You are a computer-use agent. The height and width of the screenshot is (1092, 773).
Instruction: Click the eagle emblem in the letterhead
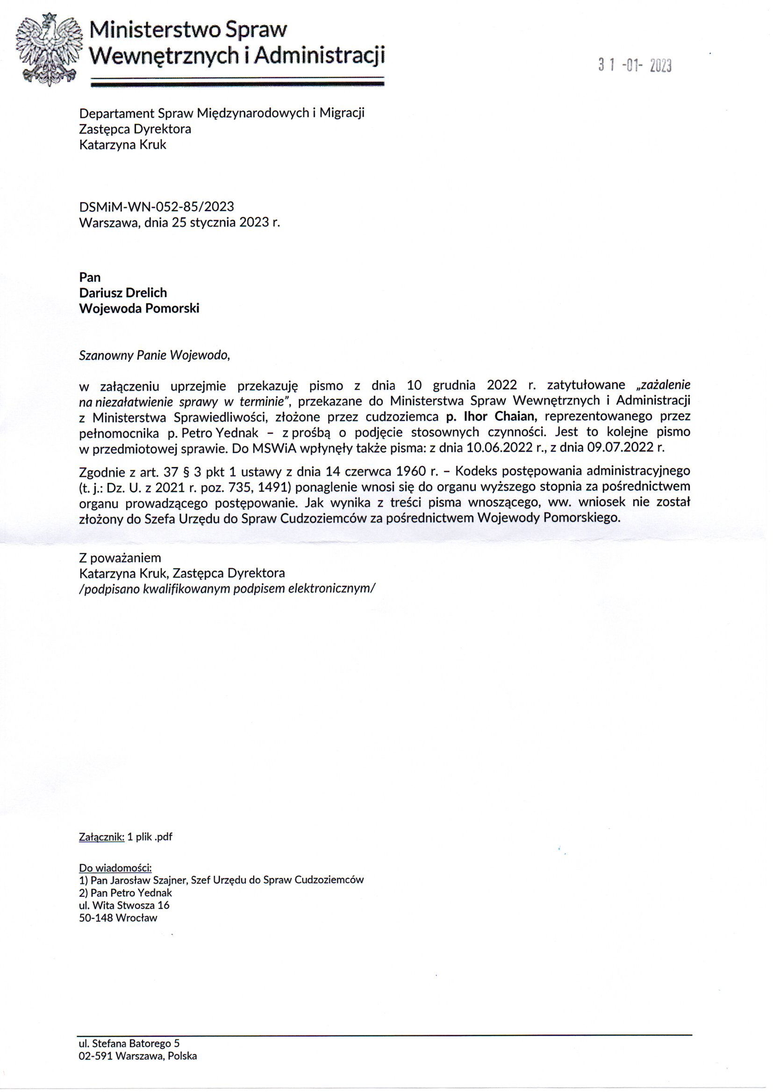click(46, 50)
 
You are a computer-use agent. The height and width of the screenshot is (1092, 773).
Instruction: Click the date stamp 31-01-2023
click(635, 66)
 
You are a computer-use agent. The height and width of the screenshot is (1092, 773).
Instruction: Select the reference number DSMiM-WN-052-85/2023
click(156, 206)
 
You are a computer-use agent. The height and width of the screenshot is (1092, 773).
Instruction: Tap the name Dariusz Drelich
click(123, 292)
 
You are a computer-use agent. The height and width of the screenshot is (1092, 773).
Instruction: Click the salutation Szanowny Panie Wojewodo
click(154, 355)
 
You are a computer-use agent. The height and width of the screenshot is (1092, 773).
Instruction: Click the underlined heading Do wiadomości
click(115, 868)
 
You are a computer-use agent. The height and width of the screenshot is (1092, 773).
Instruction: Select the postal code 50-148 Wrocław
click(118, 918)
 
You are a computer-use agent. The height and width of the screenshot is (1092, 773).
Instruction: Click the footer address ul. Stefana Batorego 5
click(129, 1057)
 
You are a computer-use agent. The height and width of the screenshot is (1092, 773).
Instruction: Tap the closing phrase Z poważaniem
click(120, 557)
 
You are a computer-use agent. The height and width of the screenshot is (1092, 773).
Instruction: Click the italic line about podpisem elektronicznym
click(227, 589)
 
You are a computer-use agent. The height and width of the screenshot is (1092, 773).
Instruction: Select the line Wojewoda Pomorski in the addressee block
click(139, 308)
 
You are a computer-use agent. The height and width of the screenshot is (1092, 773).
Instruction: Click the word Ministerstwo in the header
click(155, 30)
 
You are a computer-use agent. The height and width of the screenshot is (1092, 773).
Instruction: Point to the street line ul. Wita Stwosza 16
click(124, 905)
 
